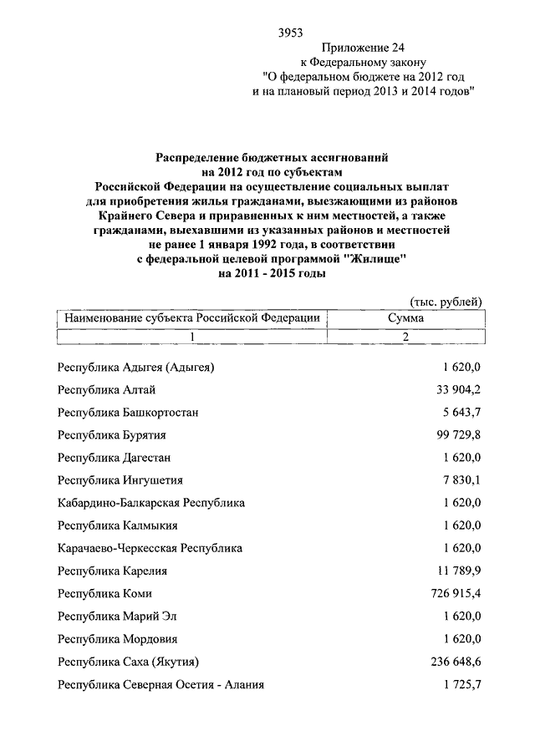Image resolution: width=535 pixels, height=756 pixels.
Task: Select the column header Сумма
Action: [405, 317]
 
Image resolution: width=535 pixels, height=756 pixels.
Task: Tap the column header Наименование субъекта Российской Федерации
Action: [189, 317]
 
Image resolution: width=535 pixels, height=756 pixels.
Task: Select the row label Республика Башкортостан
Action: [128, 413]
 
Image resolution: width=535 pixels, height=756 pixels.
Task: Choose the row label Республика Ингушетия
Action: [120, 480]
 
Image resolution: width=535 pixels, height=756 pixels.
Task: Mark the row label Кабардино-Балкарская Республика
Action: [150, 503]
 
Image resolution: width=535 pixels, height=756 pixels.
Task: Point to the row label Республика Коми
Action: [104, 594]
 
